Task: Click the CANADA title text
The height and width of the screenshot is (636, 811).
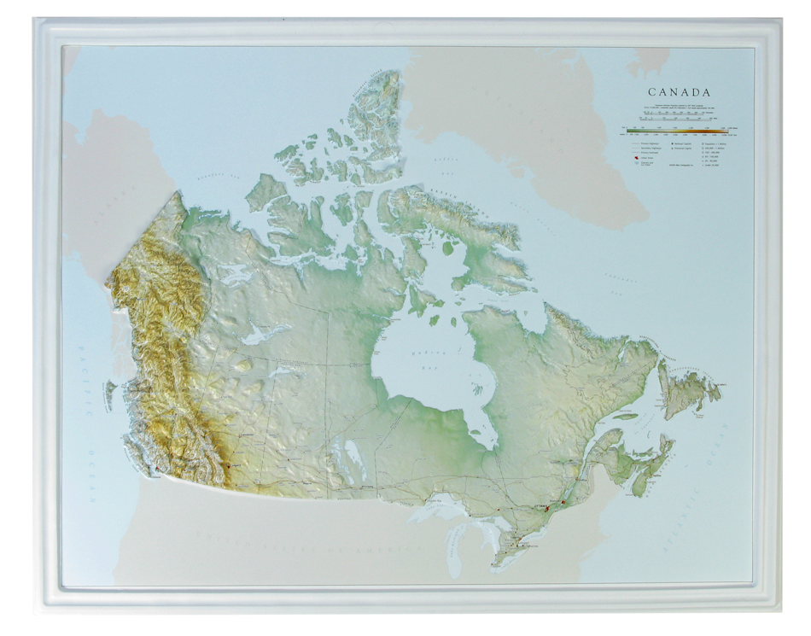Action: (680, 91)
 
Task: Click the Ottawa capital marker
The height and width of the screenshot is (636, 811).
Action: (546, 507)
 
